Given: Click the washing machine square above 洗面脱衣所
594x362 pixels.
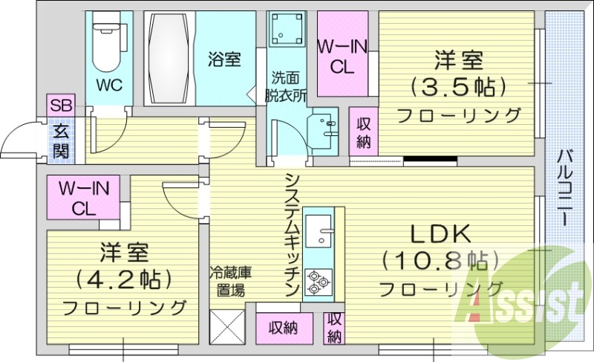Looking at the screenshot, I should coord(284,32).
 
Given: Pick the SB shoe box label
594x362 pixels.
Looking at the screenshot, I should coord(61,105).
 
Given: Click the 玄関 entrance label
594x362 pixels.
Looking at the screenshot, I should coord(61,141).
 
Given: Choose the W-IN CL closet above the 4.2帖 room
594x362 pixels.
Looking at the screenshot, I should coord(84,198).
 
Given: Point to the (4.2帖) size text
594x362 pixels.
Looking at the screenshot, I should coord(124,279).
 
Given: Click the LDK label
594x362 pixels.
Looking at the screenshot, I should coord(440,234).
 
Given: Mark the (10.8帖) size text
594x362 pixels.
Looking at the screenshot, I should coord(440,261).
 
